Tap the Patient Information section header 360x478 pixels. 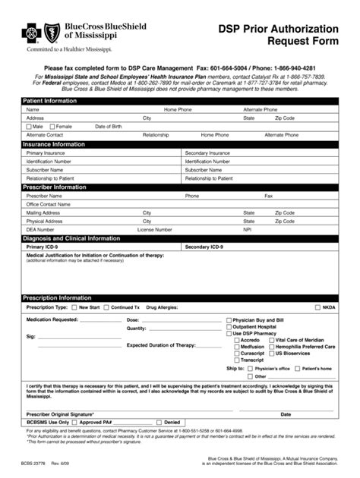tap(49, 101)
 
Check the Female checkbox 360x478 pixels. tap(52, 126)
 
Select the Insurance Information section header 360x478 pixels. tap(53, 143)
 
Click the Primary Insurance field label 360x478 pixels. tap(46, 153)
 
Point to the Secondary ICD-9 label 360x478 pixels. tap(204, 247)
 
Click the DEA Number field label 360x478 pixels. tap(40, 229)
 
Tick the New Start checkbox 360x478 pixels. tap(74, 308)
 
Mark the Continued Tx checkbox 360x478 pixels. tap(106, 308)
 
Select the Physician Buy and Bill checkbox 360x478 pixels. tap(229, 320)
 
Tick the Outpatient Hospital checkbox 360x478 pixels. tap(229, 327)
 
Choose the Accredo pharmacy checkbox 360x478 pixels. tap(236, 340)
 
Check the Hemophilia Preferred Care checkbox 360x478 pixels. tap(271, 347)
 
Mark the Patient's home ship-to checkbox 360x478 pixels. tap(298, 368)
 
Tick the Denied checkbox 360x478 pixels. tap(159, 422)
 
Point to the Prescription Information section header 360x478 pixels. tap(57, 298)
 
